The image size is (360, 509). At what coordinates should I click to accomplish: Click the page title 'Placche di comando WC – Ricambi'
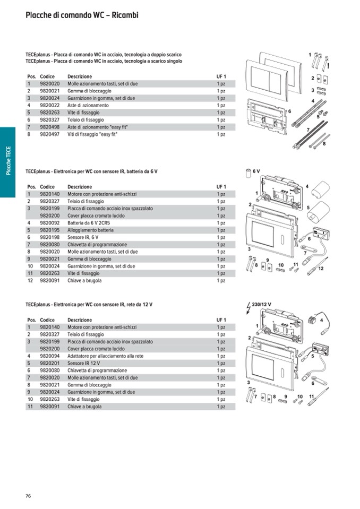click(82, 15)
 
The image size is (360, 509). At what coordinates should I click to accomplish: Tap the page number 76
click(29, 496)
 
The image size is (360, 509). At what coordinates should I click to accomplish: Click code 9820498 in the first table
click(50, 127)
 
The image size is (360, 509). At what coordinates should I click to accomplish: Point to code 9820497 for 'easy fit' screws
click(50, 135)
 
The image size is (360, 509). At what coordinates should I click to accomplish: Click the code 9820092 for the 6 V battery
click(50, 223)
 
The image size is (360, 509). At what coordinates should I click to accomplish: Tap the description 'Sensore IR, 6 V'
click(83, 237)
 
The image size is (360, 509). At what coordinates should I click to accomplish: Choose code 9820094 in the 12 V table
click(50, 356)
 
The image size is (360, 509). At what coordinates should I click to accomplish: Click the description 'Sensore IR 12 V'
click(84, 364)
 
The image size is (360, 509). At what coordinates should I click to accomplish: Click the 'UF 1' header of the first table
click(221, 76)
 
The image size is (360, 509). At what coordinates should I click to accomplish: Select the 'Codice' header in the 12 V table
click(47, 320)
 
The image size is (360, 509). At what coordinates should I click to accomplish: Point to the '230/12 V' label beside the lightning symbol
click(262, 304)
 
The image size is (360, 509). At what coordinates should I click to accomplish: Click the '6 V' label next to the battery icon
click(256, 171)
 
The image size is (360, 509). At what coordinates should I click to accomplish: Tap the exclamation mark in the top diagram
click(329, 66)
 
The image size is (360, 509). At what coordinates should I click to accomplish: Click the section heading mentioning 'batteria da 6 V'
click(91, 171)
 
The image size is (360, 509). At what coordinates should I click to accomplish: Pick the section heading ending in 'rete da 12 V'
click(89, 305)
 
